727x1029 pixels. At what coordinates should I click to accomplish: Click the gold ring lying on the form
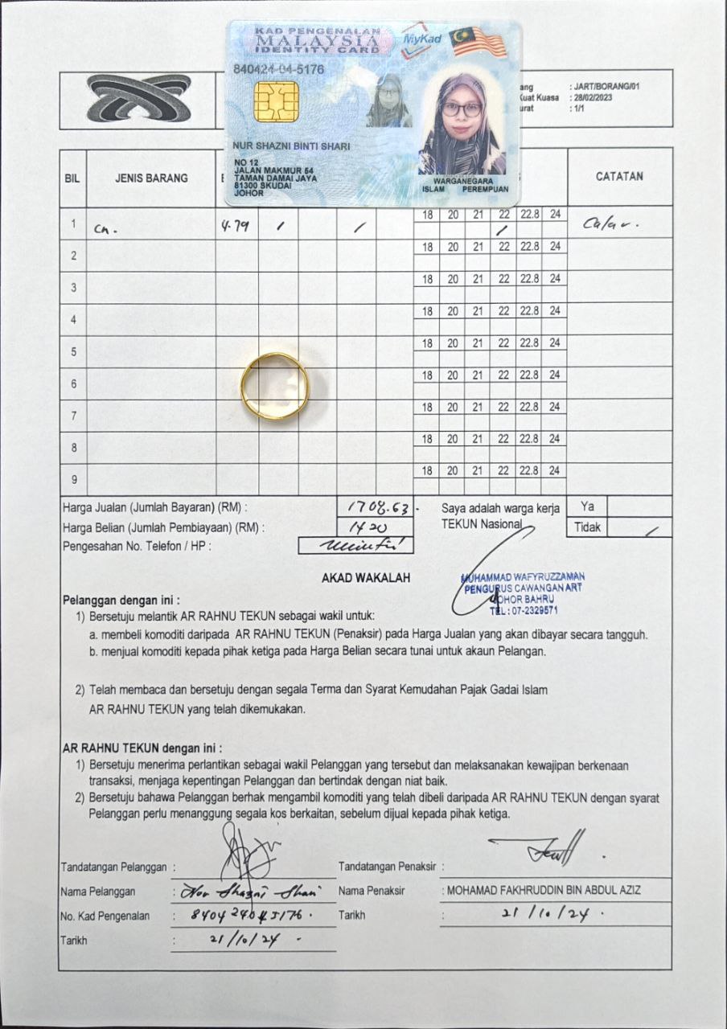[x=274, y=385]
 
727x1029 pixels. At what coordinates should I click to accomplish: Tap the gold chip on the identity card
[x=276, y=101]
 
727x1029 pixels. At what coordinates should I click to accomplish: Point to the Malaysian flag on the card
[x=479, y=42]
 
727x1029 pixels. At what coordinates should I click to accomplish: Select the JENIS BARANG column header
[x=150, y=178]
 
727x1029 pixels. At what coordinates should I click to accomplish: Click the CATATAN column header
[x=619, y=177]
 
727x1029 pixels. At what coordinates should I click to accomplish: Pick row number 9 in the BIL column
[x=73, y=480]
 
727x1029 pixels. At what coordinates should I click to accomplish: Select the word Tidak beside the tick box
[x=586, y=528]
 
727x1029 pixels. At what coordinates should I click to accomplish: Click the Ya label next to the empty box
[x=587, y=506]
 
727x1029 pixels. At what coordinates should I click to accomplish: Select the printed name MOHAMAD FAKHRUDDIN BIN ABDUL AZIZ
[x=544, y=891]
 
